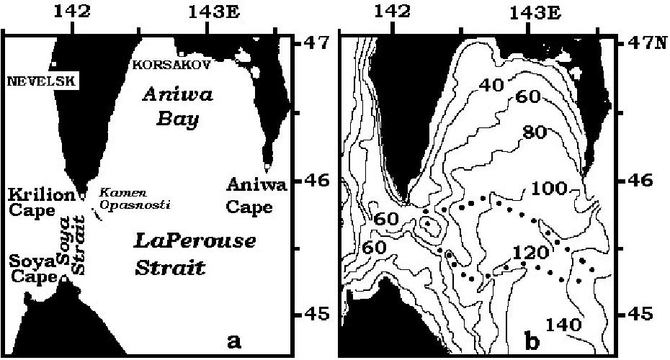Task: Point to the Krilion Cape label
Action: [31, 202]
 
